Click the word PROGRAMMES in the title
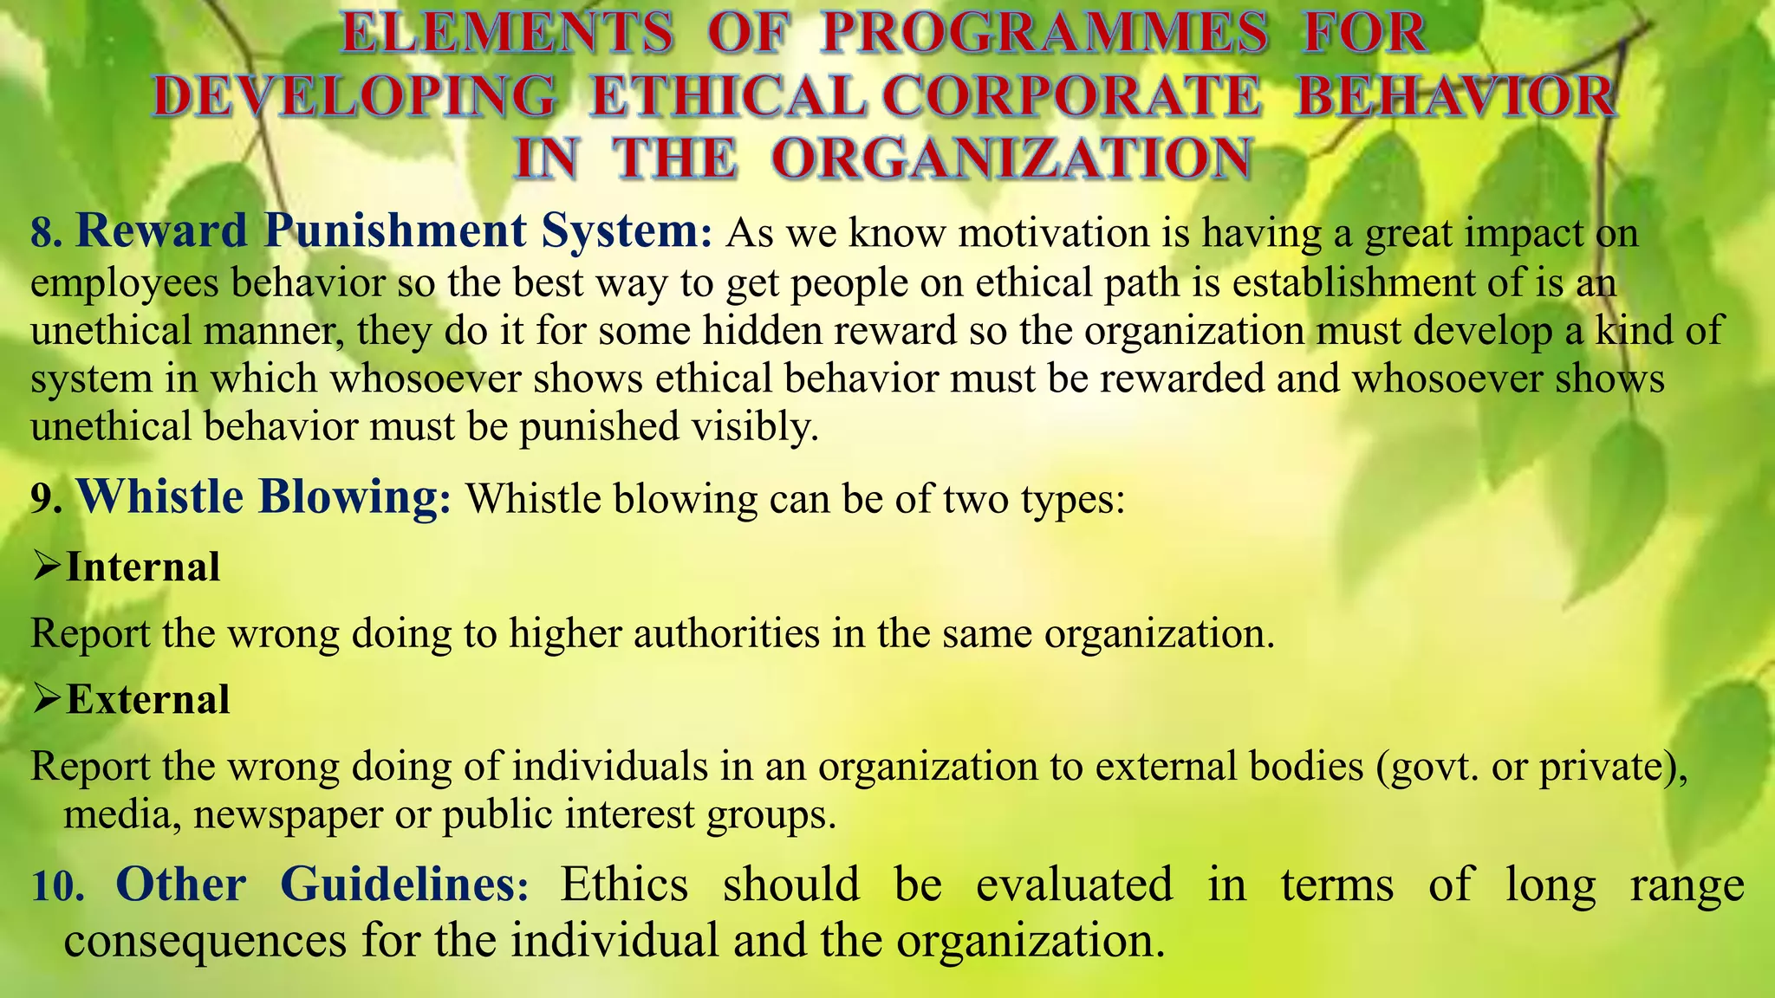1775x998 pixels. [x=1044, y=33]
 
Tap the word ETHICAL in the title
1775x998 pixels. [x=726, y=96]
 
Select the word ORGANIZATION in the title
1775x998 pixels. [x=1011, y=159]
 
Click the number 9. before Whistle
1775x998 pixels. [x=46, y=499]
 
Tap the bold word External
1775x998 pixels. [x=148, y=699]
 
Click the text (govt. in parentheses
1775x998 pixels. [x=1427, y=767]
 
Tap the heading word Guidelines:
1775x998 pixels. [x=405, y=885]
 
